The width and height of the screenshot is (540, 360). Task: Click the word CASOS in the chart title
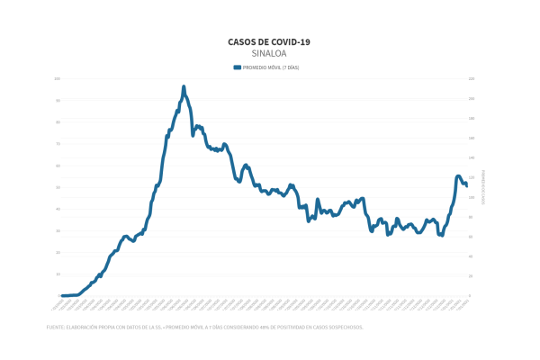[241, 41]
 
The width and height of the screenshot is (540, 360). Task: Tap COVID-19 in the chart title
[292, 41]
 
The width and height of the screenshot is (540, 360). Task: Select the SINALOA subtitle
[270, 53]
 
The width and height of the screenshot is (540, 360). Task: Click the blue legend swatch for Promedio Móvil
[238, 67]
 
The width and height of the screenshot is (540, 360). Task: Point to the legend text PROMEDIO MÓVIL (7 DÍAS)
[272, 67]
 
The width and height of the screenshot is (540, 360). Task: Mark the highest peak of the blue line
[184, 87]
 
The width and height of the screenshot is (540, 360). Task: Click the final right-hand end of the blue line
[465, 185]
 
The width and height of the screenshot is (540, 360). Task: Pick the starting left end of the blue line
[62, 295]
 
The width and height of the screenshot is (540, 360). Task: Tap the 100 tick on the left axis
[58, 79]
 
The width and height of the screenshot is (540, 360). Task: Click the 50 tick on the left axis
[58, 187]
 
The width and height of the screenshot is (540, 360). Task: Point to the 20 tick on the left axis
[58, 252]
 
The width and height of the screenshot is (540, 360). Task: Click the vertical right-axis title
[483, 187]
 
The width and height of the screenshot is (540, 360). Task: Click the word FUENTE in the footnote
[55, 328]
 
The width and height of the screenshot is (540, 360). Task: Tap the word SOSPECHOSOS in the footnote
[346, 328]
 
